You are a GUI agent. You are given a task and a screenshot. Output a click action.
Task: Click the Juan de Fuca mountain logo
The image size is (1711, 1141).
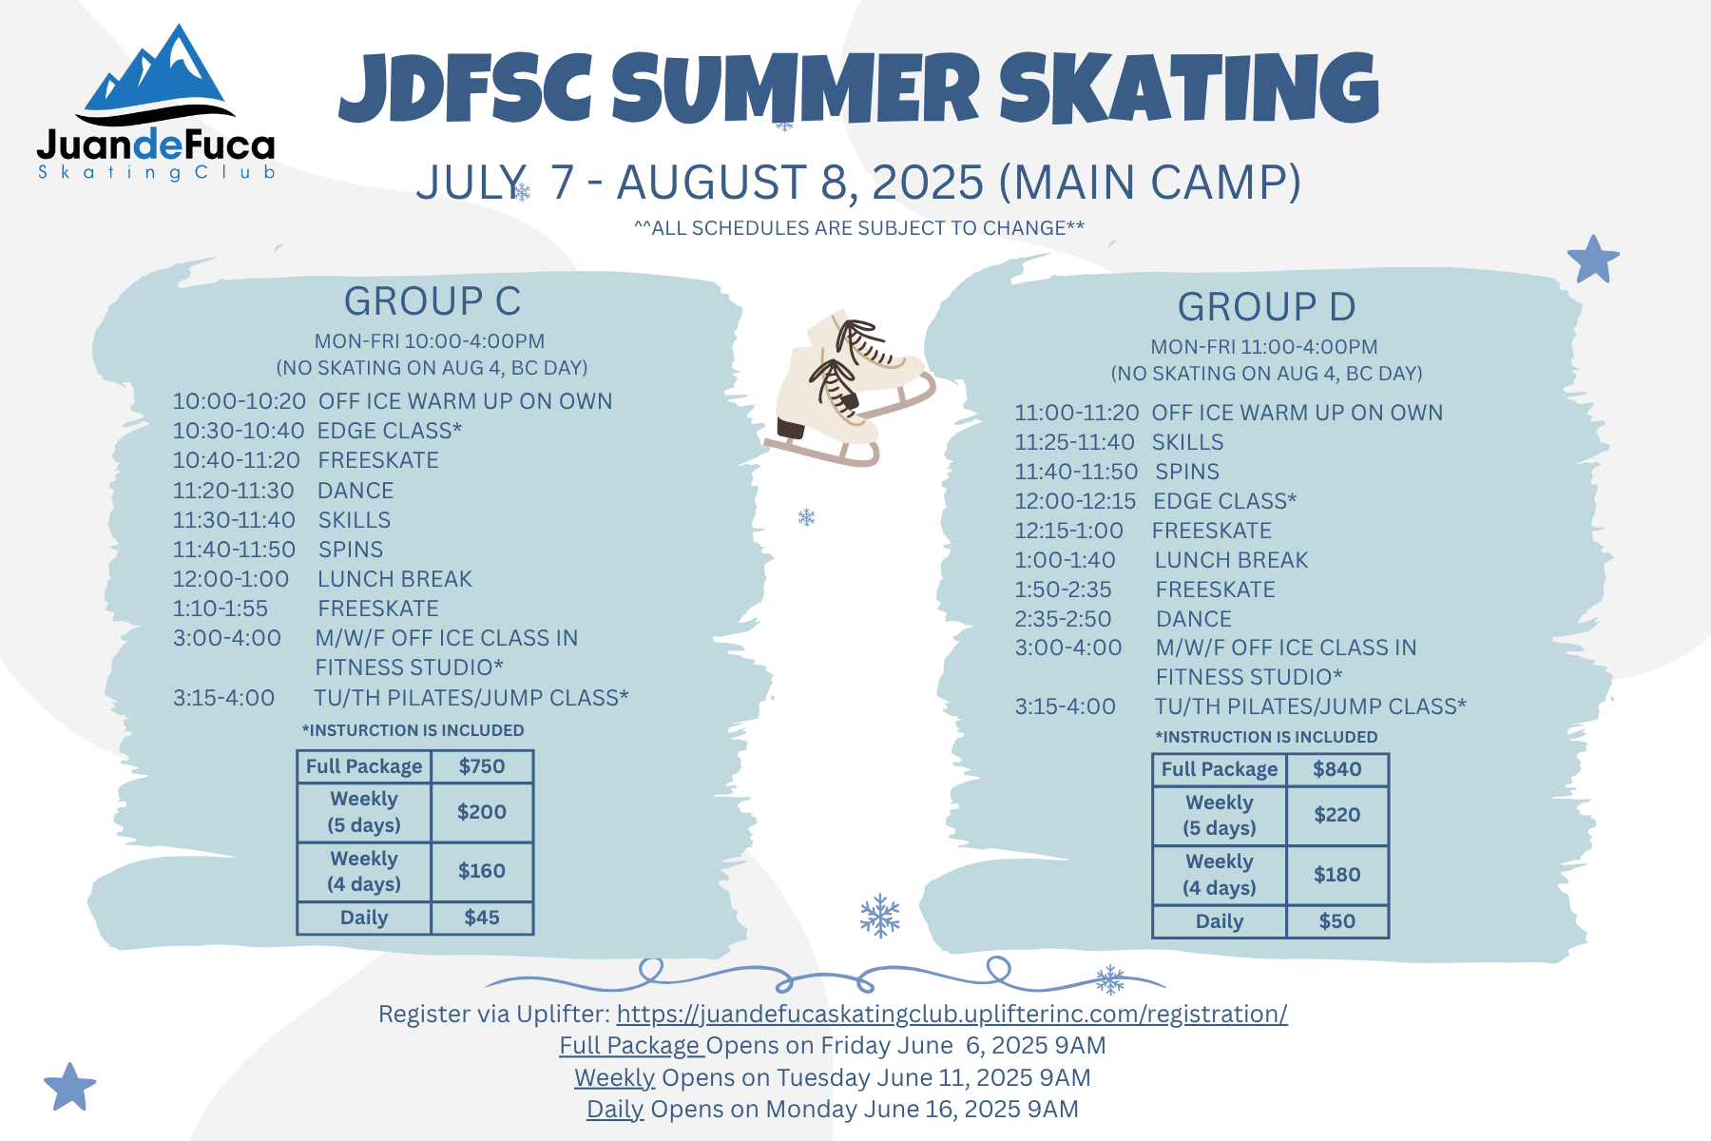(x=156, y=103)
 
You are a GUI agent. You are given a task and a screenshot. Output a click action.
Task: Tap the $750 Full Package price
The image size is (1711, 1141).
(x=482, y=766)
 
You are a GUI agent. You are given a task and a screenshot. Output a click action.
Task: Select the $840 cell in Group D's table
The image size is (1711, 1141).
(x=1337, y=769)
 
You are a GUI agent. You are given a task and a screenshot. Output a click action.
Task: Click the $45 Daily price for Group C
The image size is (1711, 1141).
(x=482, y=918)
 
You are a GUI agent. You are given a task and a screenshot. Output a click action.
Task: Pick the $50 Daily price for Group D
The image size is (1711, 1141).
(x=1337, y=921)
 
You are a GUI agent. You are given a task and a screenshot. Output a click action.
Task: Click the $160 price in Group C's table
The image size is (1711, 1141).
(x=482, y=871)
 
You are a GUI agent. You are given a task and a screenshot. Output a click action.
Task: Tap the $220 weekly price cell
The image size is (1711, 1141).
(x=1337, y=815)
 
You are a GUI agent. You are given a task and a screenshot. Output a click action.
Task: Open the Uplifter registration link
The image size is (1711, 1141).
(x=952, y=1015)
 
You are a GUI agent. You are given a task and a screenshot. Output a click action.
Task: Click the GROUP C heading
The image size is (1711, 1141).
(x=433, y=301)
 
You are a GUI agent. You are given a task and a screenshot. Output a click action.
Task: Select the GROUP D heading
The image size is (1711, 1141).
(x=1267, y=307)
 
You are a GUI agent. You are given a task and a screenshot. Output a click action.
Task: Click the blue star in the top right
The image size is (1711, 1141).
(x=1593, y=260)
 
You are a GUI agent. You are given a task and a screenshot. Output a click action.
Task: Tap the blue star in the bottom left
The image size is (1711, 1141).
(x=70, y=1087)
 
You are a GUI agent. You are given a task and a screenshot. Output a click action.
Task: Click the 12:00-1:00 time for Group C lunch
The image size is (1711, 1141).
(x=231, y=579)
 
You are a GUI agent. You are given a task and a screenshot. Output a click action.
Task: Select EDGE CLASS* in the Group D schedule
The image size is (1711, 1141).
(x=1225, y=501)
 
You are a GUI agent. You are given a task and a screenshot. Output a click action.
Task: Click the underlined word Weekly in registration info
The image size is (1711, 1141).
(x=615, y=1078)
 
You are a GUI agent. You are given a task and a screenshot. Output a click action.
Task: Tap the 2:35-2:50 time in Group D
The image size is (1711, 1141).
(x=1063, y=619)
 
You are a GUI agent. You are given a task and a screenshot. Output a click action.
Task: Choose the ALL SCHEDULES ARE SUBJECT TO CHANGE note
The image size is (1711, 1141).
(x=859, y=228)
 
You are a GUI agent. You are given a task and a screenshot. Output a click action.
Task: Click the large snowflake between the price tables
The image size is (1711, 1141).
(x=880, y=916)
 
